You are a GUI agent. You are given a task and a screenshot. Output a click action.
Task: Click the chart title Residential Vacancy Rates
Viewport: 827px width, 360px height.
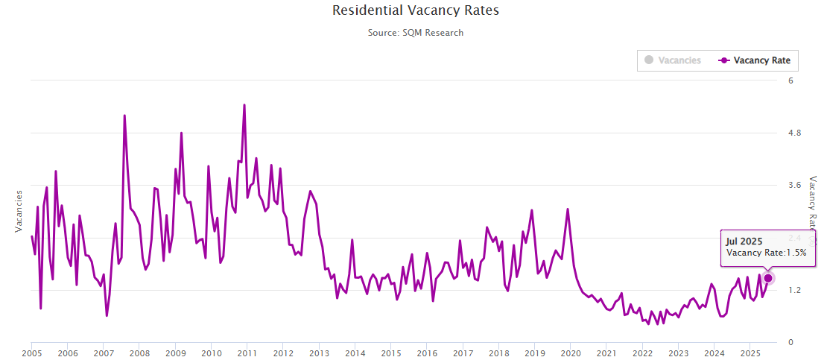pos(415,11)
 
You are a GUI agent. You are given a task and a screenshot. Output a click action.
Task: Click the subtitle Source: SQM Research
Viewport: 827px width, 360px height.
pos(415,33)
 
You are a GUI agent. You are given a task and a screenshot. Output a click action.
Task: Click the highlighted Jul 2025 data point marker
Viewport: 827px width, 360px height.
pos(768,278)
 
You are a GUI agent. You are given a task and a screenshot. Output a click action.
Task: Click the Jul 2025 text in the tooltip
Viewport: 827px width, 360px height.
pos(744,241)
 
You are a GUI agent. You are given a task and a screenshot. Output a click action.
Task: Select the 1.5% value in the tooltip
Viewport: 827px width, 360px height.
pos(797,253)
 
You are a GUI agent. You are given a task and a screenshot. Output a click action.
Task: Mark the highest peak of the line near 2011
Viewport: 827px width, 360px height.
pos(244,105)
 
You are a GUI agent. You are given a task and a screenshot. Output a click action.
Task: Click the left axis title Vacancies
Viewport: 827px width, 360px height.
pos(19,210)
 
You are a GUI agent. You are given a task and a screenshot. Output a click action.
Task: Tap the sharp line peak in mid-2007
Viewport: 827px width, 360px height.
pos(124,116)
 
